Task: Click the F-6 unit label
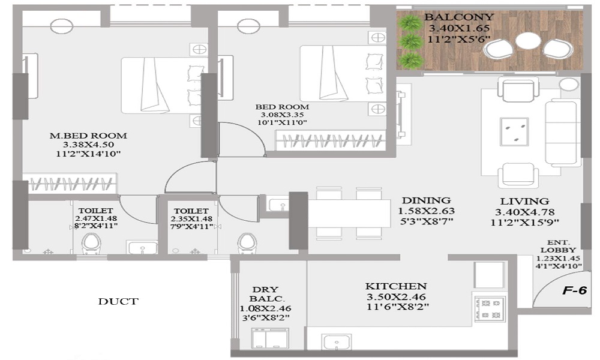(x=574, y=290)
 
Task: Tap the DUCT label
(x=118, y=301)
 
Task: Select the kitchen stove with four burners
(x=490, y=309)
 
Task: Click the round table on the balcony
(x=527, y=41)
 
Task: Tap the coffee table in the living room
(x=514, y=131)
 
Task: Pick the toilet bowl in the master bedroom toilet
(x=91, y=244)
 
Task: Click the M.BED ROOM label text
(x=88, y=136)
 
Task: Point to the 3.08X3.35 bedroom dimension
(x=282, y=115)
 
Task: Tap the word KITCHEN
(x=395, y=286)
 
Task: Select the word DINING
(x=426, y=200)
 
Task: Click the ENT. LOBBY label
(x=559, y=246)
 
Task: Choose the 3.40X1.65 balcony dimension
(x=459, y=28)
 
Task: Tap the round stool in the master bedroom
(x=62, y=26)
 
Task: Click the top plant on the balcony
(x=409, y=23)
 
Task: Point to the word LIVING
(x=524, y=201)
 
